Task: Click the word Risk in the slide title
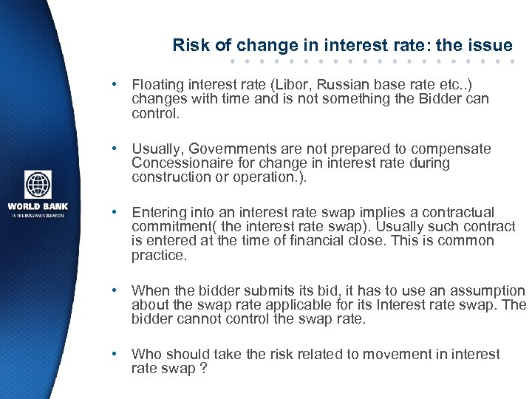[x=189, y=45]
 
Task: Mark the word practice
[x=157, y=255]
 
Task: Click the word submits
[x=245, y=291]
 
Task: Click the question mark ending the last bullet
[x=202, y=369]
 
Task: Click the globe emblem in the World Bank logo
[x=38, y=185]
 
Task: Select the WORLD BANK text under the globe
[x=38, y=206]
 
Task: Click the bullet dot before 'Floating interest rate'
[x=115, y=85]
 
